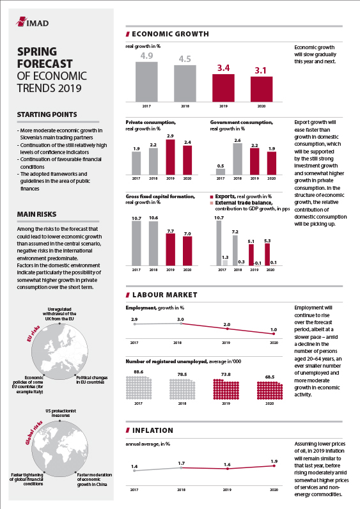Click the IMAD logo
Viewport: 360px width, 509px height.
tap(32, 22)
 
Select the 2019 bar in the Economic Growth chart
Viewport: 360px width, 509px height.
tap(223, 88)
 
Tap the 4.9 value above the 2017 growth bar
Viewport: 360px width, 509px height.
tap(146, 56)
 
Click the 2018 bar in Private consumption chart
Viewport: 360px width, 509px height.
tap(153, 161)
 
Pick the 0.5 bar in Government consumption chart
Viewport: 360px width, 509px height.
tap(221, 172)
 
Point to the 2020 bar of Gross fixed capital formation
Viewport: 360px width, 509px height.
tap(187, 251)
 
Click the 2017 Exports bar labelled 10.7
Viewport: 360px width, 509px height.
tap(219, 243)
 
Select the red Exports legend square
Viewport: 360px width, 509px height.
tap(212, 197)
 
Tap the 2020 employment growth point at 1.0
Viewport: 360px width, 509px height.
tap(274, 334)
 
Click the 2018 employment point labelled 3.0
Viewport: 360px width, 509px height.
tap(181, 324)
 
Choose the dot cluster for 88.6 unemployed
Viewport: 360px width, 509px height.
tap(139, 388)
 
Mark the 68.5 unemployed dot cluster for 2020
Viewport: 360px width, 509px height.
tap(270, 391)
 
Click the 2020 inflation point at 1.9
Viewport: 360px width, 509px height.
tap(274, 466)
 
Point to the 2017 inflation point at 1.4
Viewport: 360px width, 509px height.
tap(134, 471)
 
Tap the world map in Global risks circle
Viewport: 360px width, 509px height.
tap(59, 449)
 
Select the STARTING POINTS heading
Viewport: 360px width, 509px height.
tap(47, 114)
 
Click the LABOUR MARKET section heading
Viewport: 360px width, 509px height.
tap(165, 295)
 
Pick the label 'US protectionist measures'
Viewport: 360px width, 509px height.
tap(61, 413)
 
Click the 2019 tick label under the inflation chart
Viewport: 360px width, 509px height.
tap(227, 490)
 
